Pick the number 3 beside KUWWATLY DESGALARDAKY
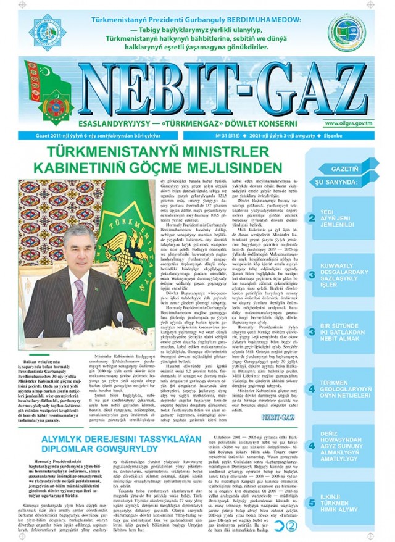312,275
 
